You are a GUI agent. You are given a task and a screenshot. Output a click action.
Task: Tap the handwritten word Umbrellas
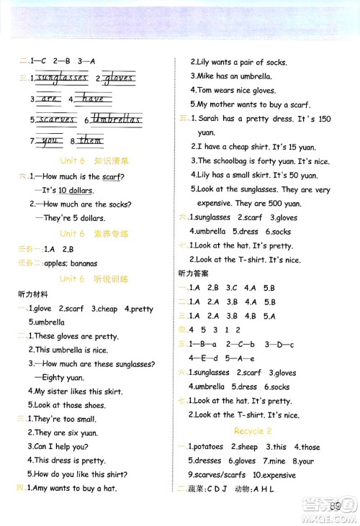click(117, 119)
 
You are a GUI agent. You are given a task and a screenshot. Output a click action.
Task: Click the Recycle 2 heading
click(252, 431)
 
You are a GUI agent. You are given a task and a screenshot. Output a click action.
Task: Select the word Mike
click(206, 76)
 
